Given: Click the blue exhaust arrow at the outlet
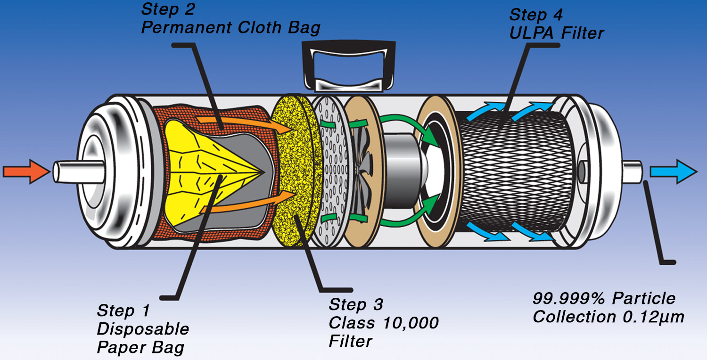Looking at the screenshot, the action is click(673, 172).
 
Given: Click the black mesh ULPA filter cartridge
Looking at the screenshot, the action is click(515, 172).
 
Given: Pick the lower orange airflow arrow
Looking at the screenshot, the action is click(249, 202).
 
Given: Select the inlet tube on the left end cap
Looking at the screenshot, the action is click(79, 172).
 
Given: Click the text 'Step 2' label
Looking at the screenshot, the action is click(168, 9).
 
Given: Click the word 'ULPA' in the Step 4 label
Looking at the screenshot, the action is click(532, 33).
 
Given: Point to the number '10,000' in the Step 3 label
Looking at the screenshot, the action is click(411, 323).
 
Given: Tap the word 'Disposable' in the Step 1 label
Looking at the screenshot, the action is click(143, 329).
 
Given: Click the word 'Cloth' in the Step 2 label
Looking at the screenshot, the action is click(259, 27).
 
